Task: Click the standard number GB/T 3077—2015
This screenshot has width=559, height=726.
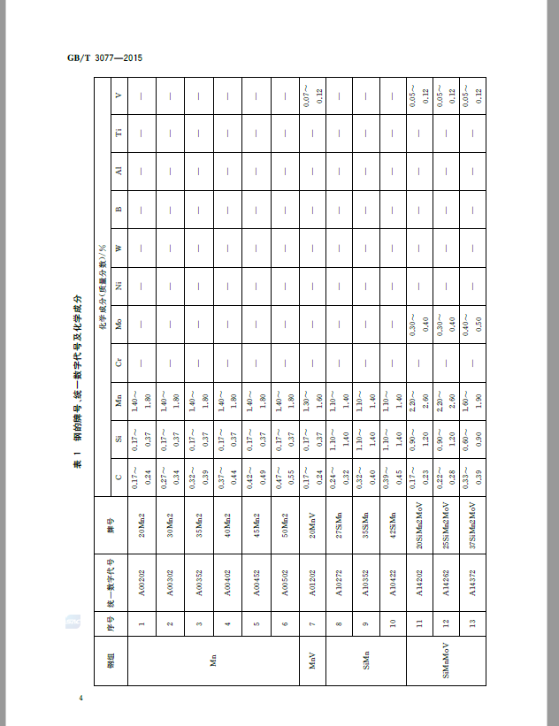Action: (105, 58)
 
